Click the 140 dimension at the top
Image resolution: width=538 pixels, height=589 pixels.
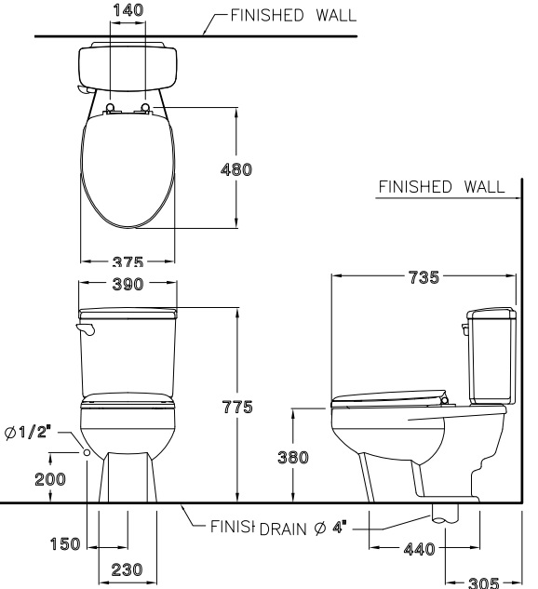[128, 9]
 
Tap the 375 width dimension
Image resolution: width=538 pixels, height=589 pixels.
[128, 262]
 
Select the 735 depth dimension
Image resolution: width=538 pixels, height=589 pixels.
[424, 276]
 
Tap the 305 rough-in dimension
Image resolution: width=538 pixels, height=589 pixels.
[482, 582]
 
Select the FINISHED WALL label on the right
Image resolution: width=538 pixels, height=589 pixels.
[440, 187]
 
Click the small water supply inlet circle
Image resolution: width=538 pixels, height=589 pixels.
[87, 451]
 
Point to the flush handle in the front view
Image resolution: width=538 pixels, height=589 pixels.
[85, 329]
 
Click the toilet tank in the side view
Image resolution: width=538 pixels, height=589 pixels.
[489, 355]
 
